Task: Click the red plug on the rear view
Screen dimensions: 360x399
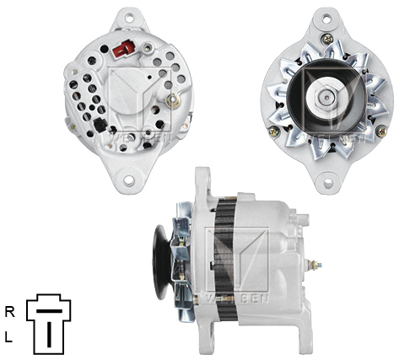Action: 123,50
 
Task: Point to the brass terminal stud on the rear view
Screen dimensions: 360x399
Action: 174,99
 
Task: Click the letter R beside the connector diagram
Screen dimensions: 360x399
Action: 10,311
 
